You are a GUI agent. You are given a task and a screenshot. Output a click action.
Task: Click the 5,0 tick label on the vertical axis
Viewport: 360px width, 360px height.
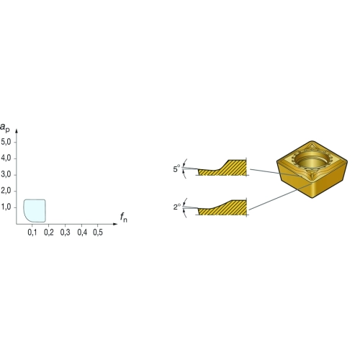pos(6,142)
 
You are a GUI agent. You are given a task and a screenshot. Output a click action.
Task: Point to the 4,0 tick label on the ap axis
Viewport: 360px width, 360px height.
pos(6,158)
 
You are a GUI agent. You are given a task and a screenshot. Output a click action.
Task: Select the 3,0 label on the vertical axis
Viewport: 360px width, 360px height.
pos(6,174)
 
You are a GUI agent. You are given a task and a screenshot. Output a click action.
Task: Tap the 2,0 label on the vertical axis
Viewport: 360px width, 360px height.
pos(6,191)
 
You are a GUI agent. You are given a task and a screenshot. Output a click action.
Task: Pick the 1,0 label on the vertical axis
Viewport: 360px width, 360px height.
pos(6,207)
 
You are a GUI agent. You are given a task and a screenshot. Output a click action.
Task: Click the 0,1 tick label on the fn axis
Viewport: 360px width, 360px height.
pos(32,233)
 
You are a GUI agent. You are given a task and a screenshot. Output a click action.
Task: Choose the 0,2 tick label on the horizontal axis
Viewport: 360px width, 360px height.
pos(49,233)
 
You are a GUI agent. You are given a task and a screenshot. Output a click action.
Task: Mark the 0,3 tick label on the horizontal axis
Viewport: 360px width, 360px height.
pos(65,233)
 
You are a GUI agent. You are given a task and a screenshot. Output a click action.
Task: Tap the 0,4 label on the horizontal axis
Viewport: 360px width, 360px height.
pos(82,233)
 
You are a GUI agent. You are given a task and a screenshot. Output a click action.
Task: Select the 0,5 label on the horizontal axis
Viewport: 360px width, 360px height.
pos(98,233)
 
